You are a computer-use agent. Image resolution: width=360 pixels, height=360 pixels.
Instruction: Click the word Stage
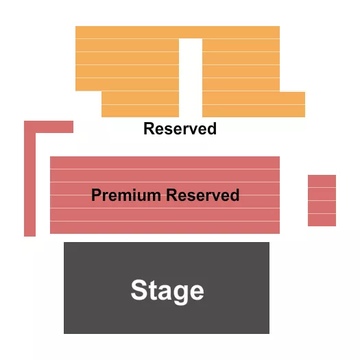tap(167, 291)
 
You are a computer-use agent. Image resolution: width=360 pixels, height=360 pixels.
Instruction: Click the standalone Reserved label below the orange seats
tap(180, 129)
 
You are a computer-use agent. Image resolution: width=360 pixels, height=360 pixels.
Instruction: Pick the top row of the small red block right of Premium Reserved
tap(322, 181)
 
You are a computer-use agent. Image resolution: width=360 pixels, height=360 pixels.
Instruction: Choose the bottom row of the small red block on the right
tap(322, 219)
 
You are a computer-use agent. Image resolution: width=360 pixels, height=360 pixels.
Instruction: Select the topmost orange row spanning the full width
tap(177, 32)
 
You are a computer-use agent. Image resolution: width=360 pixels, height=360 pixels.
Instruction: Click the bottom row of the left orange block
tap(140, 111)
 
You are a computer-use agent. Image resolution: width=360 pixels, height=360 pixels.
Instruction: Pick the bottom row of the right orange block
tap(253, 111)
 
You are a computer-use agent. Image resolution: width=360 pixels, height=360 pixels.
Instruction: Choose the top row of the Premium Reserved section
tap(165, 163)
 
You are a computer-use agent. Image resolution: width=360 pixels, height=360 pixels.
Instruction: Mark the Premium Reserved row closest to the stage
tap(165, 227)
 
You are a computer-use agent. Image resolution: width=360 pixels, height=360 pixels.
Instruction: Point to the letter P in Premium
tap(96, 195)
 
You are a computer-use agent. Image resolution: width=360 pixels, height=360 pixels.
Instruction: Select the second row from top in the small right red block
tap(322, 194)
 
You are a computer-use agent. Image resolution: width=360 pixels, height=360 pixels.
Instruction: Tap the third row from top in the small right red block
tap(322, 207)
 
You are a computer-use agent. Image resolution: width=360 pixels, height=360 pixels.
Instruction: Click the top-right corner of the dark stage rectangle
tap(268, 243)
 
